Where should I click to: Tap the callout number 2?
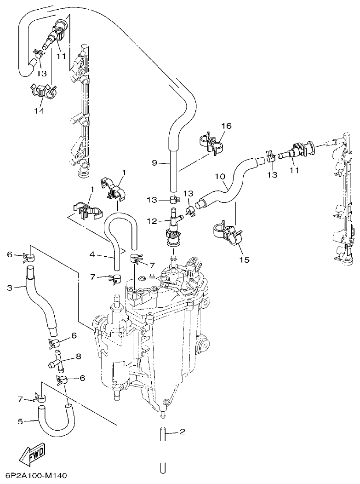(183, 432)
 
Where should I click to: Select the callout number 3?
(9, 288)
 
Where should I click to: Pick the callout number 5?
(20, 421)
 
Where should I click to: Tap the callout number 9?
(154, 162)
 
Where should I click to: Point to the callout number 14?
(39, 111)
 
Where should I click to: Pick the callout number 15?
(244, 260)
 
